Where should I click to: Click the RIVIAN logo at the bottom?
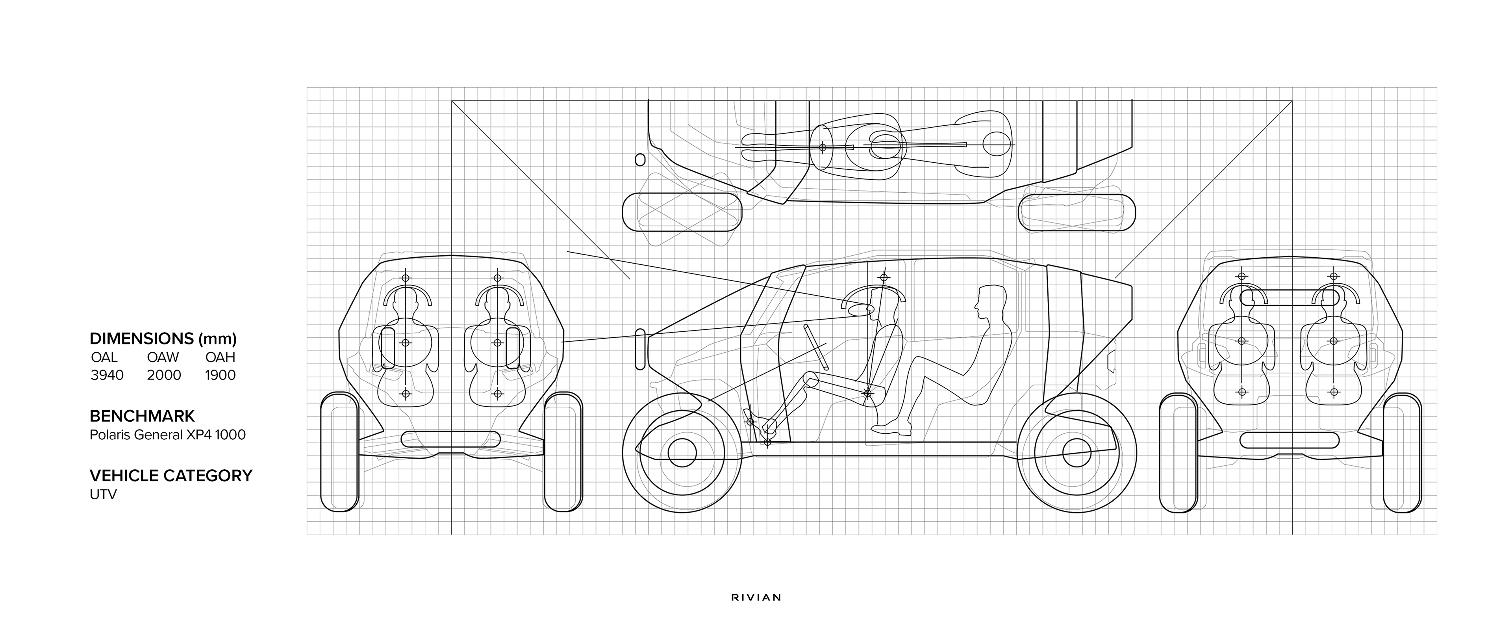(756, 598)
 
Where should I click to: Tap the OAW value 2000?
(164, 375)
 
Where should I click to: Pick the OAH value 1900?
(220, 375)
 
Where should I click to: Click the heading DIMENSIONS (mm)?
(163, 339)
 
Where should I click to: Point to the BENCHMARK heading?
(142, 416)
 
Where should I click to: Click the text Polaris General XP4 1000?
(167, 435)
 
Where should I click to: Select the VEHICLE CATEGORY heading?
(171, 476)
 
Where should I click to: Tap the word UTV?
(103, 495)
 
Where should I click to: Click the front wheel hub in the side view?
(682, 453)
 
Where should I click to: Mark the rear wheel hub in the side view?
(1077, 453)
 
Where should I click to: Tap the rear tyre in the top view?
(1077, 211)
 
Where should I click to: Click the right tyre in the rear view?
(1402, 453)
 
